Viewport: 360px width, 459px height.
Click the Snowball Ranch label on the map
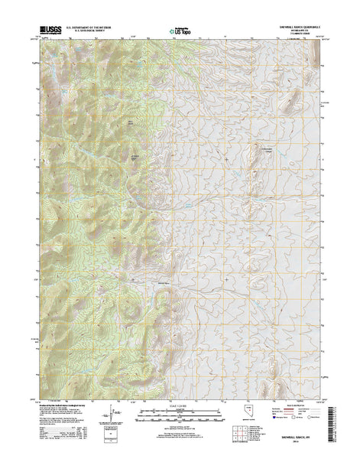click(x=162, y=284)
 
